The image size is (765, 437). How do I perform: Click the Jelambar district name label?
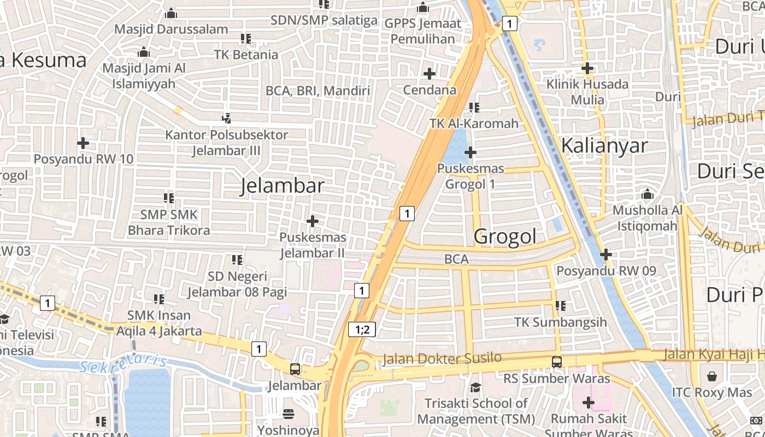[282, 186]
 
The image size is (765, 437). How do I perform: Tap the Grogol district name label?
[505, 237]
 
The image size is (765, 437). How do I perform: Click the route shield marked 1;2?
[362, 329]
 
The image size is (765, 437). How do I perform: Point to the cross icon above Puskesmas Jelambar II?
[313, 221]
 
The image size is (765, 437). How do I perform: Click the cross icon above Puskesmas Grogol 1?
[470, 152]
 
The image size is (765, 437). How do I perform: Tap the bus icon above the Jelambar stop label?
[295, 369]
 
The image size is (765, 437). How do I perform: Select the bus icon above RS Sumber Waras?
[556, 362]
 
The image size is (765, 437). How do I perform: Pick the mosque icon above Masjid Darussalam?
[171, 13]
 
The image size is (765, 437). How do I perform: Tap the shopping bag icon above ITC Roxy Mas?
[712, 376]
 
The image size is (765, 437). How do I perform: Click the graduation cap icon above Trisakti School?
[475, 387]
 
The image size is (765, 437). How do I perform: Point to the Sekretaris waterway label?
[123, 364]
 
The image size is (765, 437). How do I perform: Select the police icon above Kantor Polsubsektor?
[227, 117]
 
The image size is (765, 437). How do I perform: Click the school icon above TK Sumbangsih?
[560, 306]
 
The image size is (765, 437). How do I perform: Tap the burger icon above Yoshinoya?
[288, 414]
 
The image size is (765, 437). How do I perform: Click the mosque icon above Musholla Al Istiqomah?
[648, 194]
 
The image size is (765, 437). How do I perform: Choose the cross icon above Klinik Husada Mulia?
[587, 68]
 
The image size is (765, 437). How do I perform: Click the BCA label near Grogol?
[456, 259]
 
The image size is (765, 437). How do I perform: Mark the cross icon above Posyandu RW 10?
[83, 143]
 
